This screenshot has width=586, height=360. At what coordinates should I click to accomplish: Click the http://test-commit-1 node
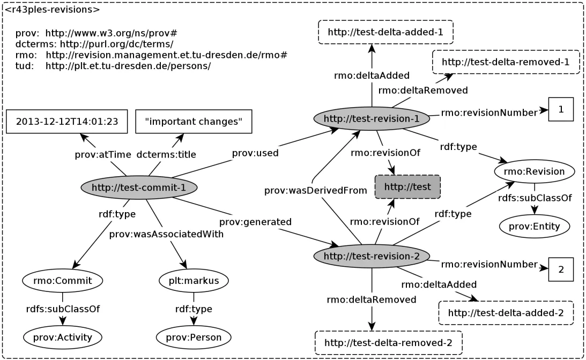click(x=139, y=187)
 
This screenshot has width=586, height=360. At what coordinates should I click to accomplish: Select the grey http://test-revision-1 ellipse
click(x=372, y=119)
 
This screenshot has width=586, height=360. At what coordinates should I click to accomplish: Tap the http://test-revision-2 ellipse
click(x=372, y=256)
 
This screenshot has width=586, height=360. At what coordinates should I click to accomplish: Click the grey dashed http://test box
click(x=407, y=187)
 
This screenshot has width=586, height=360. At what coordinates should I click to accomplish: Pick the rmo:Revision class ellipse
click(x=534, y=172)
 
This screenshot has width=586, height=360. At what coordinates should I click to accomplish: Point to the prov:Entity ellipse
click(x=534, y=226)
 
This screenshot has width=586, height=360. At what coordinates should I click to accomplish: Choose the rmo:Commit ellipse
click(x=63, y=280)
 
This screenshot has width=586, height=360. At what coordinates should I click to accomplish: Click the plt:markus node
click(x=194, y=280)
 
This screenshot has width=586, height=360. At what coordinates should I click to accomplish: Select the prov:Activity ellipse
click(x=63, y=337)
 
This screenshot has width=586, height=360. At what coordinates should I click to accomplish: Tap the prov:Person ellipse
click(x=194, y=337)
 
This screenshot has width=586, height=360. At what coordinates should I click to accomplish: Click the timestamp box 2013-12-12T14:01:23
click(x=67, y=122)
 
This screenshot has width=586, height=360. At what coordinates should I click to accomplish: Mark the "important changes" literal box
click(x=194, y=122)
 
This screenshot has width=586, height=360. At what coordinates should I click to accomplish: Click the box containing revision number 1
click(x=561, y=109)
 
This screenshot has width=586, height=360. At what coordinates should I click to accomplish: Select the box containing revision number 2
click(x=561, y=269)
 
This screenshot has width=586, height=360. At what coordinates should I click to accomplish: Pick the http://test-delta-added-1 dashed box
click(x=385, y=32)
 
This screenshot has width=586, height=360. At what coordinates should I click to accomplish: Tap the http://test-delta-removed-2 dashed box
click(x=389, y=342)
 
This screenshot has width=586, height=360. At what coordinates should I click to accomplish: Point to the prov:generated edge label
click(x=255, y=221)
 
